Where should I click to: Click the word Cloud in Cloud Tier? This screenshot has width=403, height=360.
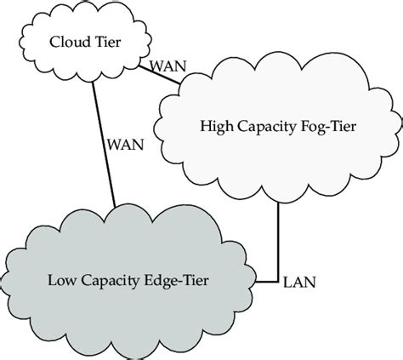67,41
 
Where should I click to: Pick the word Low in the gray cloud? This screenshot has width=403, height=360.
61,277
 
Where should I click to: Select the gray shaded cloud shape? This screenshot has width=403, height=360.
128,247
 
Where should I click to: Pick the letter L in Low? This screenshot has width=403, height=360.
53,277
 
